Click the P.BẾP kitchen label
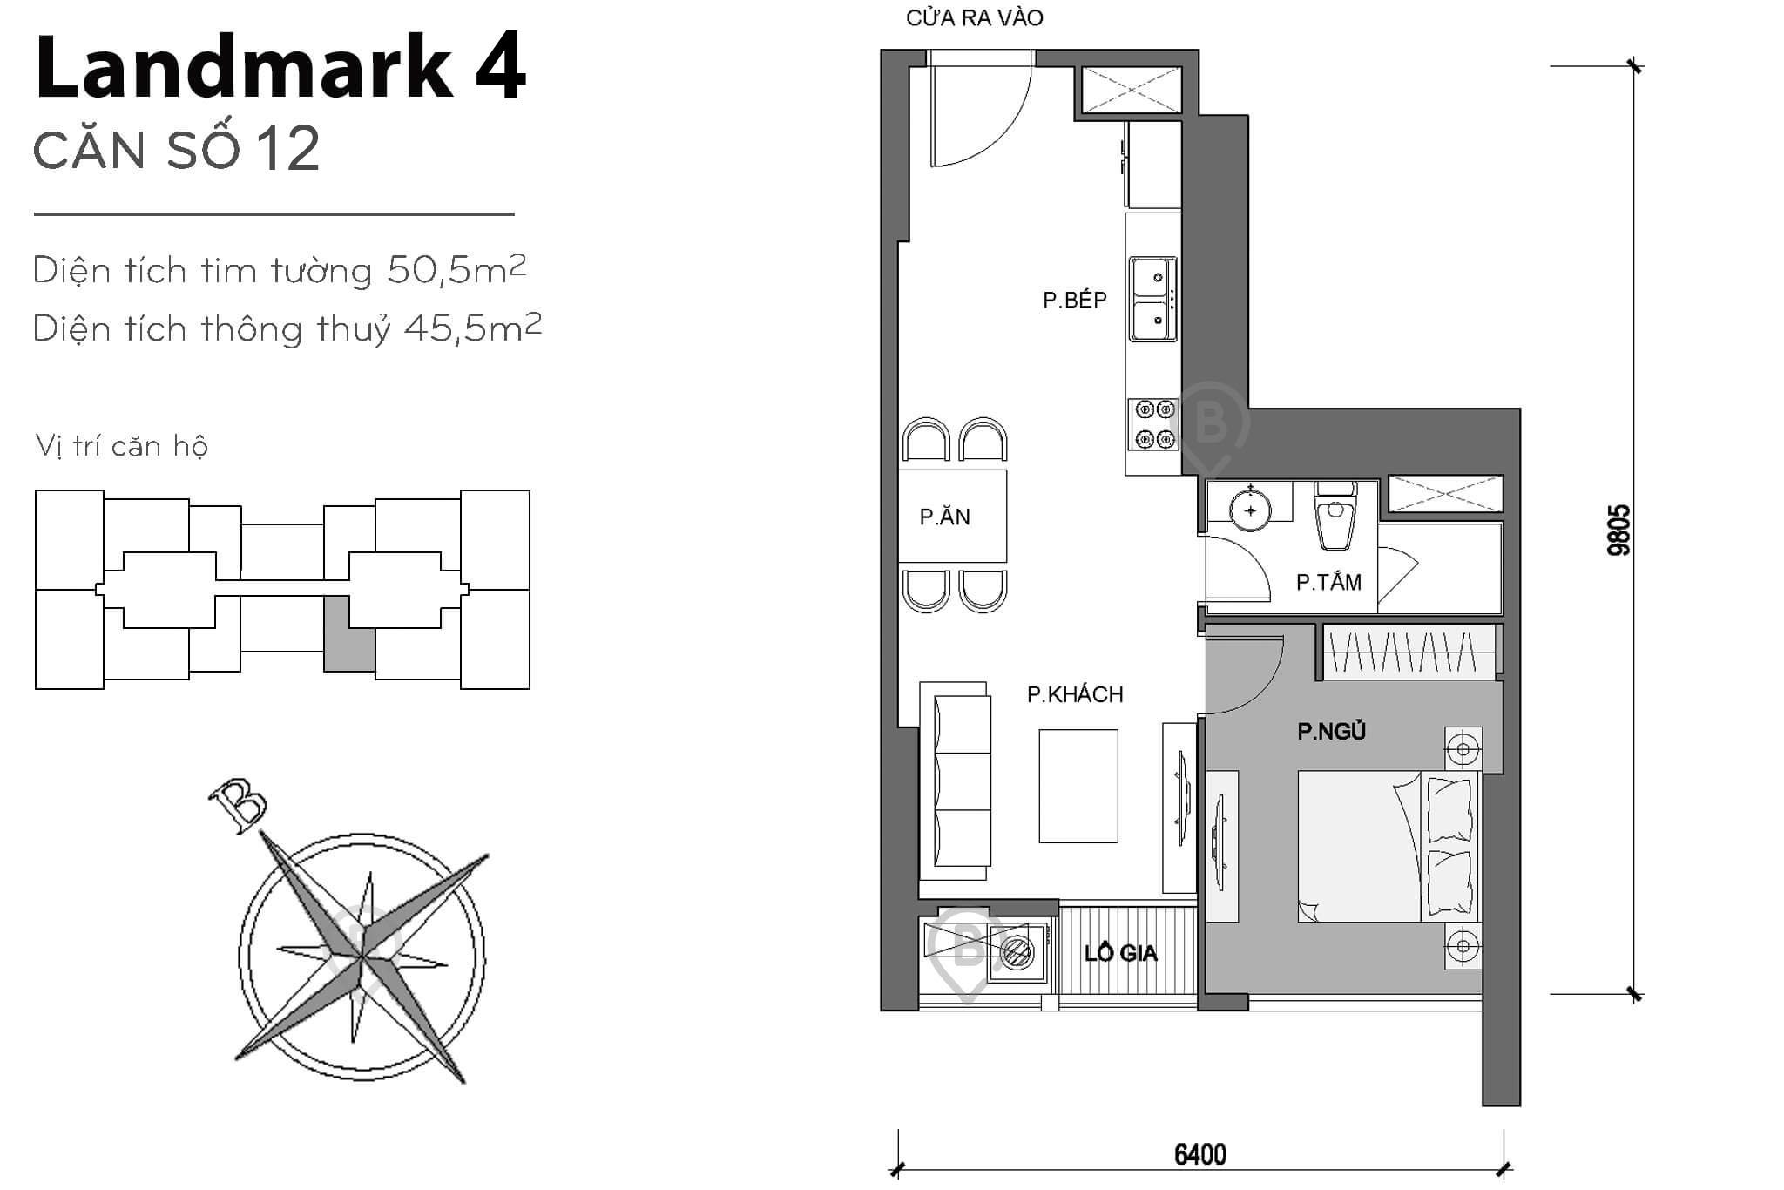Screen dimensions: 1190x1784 (x=1074, y=301)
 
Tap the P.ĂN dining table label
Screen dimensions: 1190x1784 (x=944, y=517)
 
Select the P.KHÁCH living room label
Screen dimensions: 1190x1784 (x=1074, y=694)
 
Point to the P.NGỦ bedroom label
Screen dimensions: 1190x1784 (x=1331, y=732)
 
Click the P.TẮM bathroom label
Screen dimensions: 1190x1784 (x=1328, y=582)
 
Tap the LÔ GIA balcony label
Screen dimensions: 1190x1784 (x=1120, y=953)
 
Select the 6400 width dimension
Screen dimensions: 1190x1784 (x=1199, y=1154)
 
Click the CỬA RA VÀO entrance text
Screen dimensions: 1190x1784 (x=974, y=17)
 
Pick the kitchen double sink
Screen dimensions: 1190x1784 (x=1153, y=299)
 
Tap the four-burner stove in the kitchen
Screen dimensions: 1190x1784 (x=1153, y=424)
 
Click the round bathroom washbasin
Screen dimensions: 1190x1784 (x=1251, y=510)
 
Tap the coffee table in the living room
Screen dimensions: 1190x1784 (x=1078, y=786)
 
